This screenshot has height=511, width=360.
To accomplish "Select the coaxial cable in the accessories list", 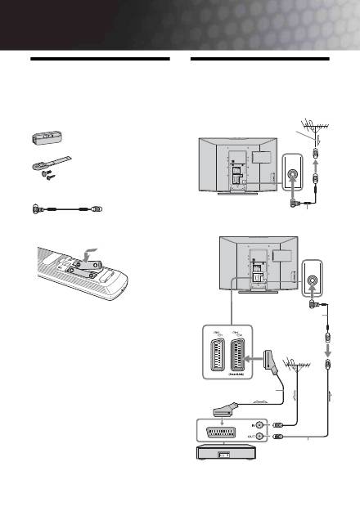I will [65, 208].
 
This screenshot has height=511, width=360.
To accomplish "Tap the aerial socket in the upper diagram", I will [292, 174].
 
